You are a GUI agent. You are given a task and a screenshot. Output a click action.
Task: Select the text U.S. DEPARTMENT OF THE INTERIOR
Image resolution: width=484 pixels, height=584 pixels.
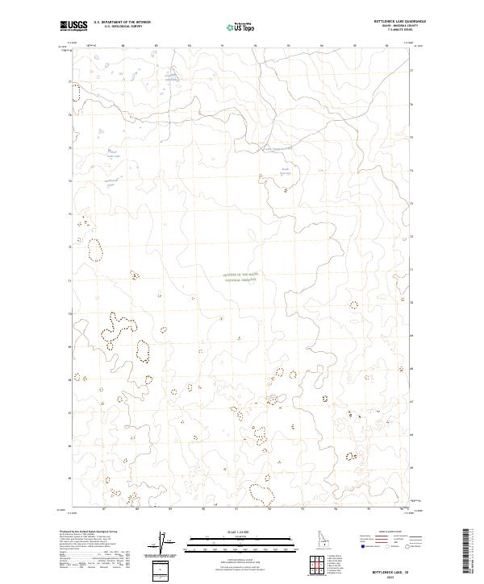[122, 23]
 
